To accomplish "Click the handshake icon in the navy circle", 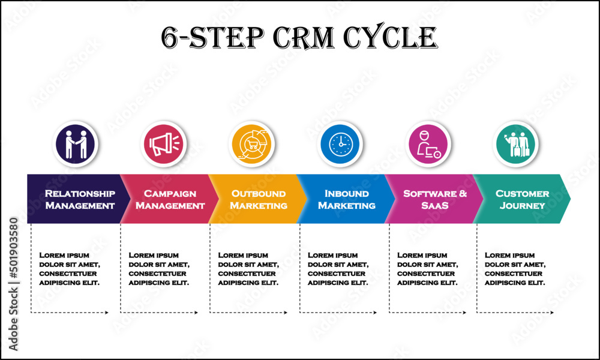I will pyautogui.click(x=75, y=145).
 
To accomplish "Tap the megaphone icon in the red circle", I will pyautogui.click(x=163, y=145).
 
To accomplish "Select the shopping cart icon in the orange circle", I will pyautogui.click(x=252, y=145).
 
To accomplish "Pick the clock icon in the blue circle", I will pyautogui.click(x=341, y=145).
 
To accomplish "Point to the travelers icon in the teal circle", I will pyautogui.click(x=517, y=145).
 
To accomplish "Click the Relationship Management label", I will pyautogui.click(x=80, y=199).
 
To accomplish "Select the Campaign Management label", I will pyautogui.click(x=170, y=199).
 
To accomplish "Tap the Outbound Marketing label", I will pyautogui.click(x=259, y=199).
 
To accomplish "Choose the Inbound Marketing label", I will pyautogui.click(x=346, y=199).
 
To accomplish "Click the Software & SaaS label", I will pyautogui.click(x=435, y=199).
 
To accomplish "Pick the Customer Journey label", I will pyautogui.click(x=522, y=199).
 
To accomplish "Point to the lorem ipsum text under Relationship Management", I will pyautogui.click(x=70, y=269).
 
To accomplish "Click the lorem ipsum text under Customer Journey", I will pyautogui.click(x=515, y=269).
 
